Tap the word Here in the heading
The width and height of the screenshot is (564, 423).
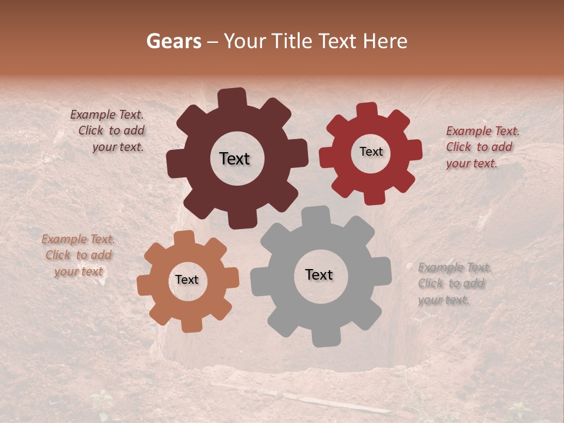tap(385, 41)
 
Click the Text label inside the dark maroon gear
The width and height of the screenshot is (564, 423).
tap(234, 159)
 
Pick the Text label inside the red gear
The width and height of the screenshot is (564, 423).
tap(371, 152)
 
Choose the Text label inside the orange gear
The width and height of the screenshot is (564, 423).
tap(187, 280)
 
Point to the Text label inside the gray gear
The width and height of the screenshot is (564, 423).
tap(319, 274)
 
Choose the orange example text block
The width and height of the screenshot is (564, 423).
tap(78, 255)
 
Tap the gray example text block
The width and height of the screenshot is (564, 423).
tap(453, 284)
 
